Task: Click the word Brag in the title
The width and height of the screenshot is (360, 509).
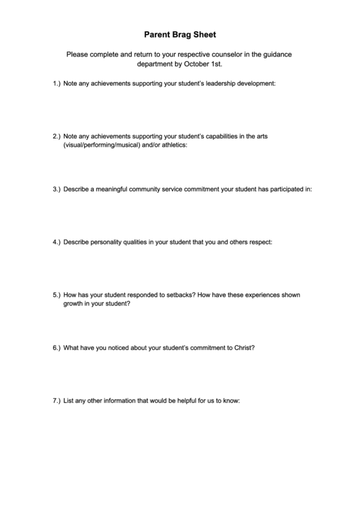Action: [x=183, y=33]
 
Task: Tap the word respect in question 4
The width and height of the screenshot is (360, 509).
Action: [x=259, y=242]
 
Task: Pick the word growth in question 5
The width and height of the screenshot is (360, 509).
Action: [x=74, y=304]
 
